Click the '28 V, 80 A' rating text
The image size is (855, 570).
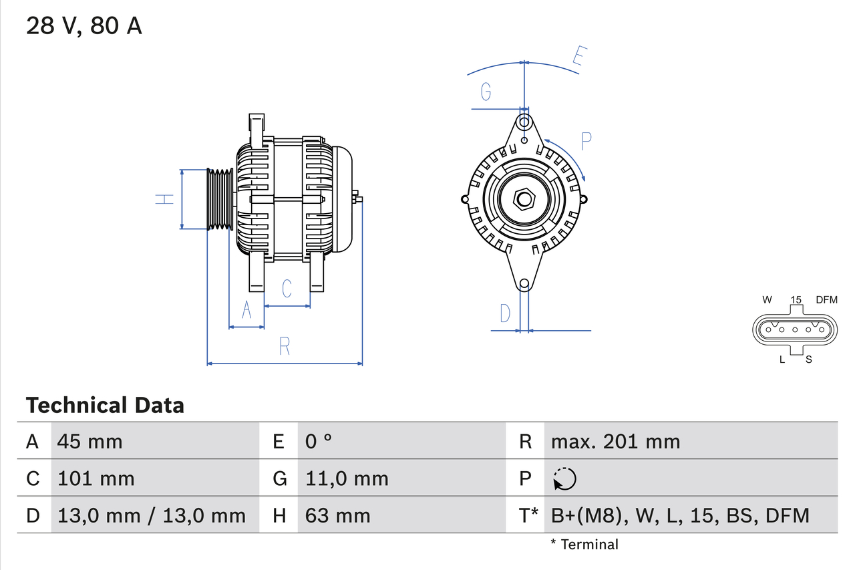pos(84,26)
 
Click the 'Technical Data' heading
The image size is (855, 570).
pos(105,406)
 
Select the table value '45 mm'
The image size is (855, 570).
pos(90,441)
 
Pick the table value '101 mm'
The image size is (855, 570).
pos(96,478)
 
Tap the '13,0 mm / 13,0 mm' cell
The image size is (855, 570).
pos(152,515)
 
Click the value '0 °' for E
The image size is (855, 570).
pos(319,441)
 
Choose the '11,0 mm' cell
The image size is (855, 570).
pos(347,478)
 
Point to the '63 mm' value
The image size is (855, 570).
pos(337,515)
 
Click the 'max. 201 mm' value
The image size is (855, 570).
pos(615,441)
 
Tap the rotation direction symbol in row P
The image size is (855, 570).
pos(564,479)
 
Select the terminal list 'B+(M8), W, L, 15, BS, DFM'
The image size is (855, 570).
pos(680,515)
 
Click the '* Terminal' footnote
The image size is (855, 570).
pos(584,545)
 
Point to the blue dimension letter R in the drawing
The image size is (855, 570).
pos(285,346)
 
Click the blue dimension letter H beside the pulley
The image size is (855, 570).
pos(164,199)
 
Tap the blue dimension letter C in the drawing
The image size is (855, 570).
pos(287,289)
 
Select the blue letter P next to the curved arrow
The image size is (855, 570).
pos(586,141)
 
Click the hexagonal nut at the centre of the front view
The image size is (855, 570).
pos(524,199)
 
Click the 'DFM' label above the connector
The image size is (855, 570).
pos(826,299)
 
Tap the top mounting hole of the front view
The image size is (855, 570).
pos(524,122)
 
